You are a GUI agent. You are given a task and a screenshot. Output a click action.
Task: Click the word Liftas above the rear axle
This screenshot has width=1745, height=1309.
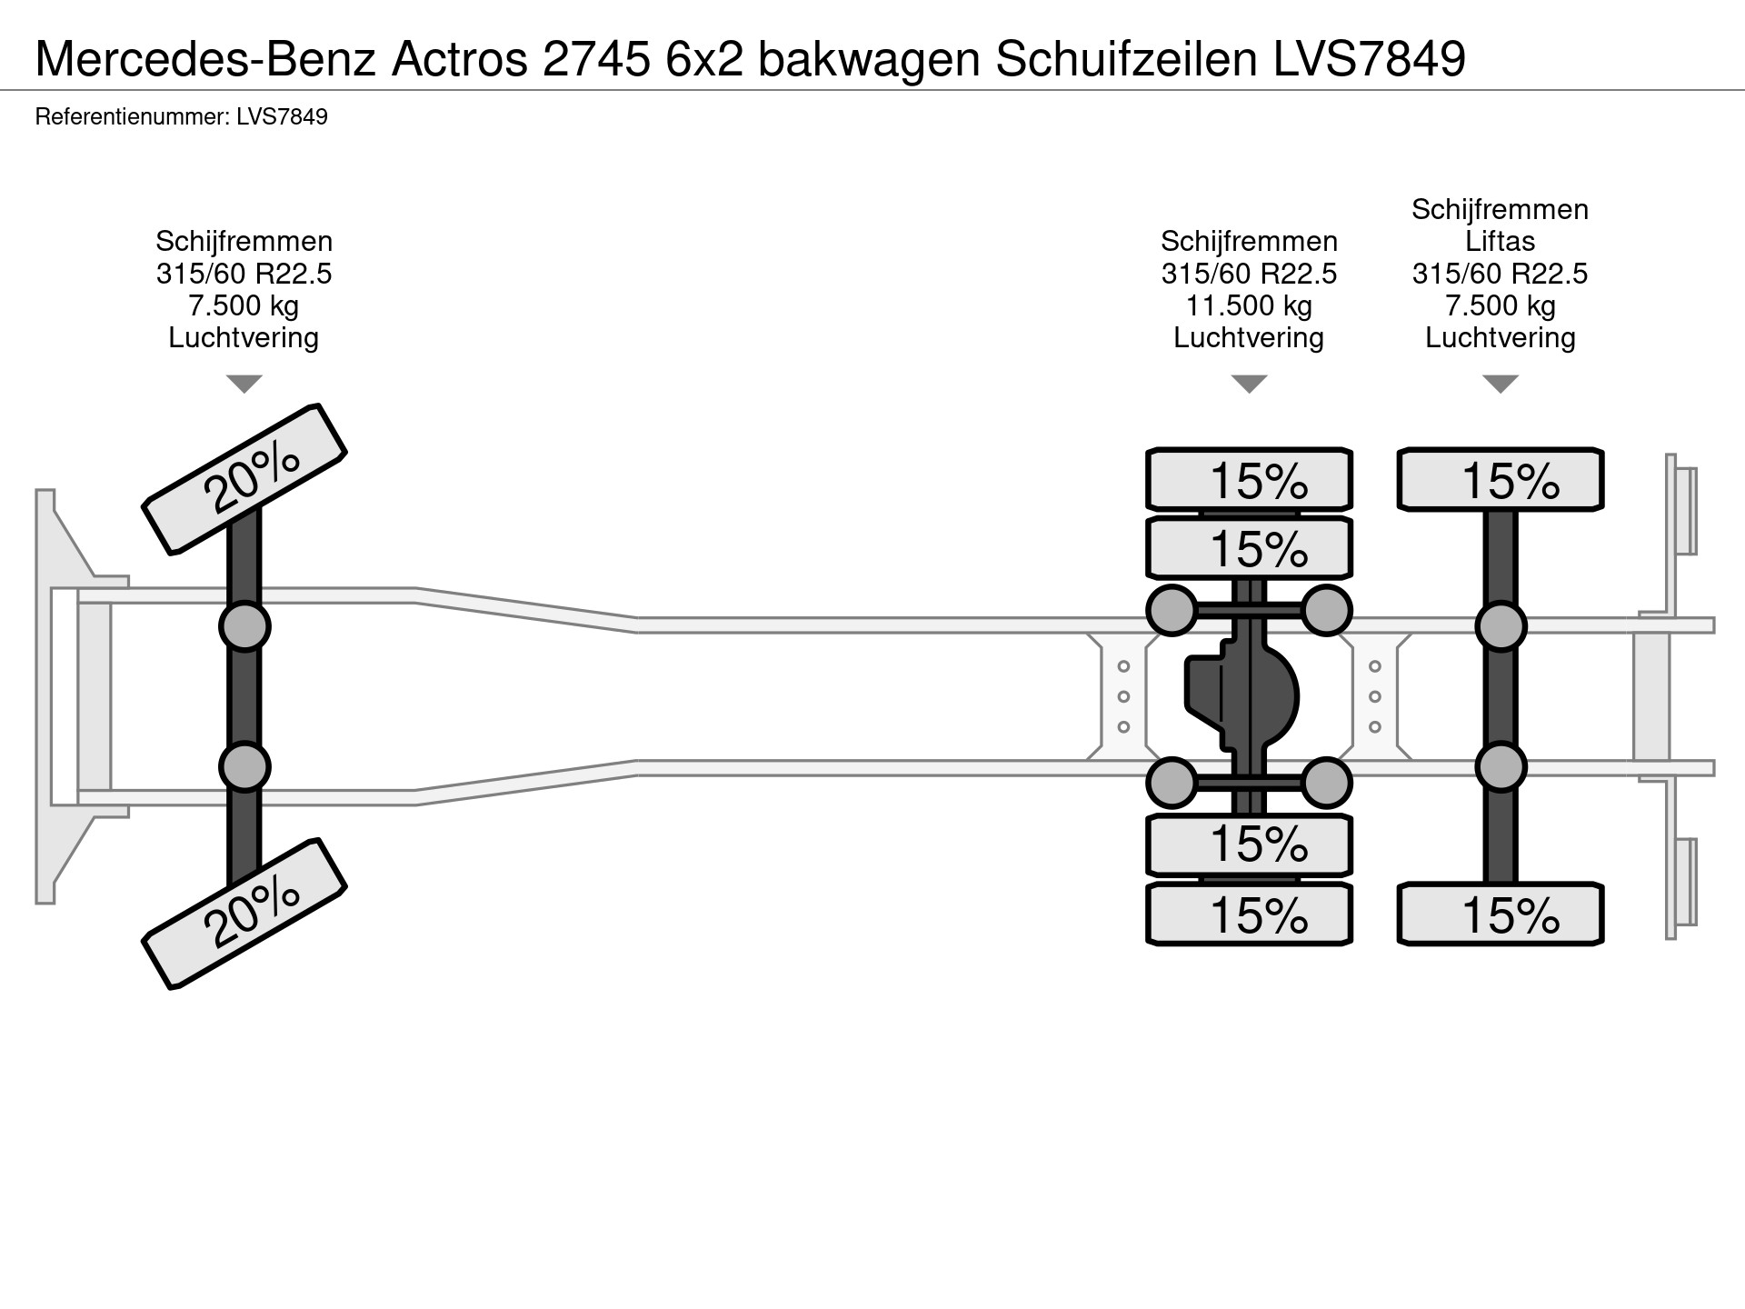(x=1500, y=242)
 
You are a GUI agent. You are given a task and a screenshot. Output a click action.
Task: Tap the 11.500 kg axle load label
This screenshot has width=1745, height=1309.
(x=1249, y=305)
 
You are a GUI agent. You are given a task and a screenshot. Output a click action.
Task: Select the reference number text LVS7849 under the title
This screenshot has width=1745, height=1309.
(x=282, y=117)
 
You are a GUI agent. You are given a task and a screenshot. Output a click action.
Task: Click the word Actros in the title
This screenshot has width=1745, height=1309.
(x=459, y=59)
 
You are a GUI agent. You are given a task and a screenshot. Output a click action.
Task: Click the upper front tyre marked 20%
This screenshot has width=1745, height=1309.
(x=244, y=478)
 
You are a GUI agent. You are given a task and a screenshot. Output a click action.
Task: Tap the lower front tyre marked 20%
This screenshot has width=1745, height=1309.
(x=244, y=913)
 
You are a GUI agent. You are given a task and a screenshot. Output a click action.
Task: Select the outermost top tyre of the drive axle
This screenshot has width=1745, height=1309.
(x=1249, y=479)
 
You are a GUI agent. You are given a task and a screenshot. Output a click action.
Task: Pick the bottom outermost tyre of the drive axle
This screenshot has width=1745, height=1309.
(x=1249, y=914)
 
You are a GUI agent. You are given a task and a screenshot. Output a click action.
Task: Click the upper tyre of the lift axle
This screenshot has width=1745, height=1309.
(x=1500, y=479)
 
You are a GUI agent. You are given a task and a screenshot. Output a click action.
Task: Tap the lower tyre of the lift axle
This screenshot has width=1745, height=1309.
(x=1500, y=914)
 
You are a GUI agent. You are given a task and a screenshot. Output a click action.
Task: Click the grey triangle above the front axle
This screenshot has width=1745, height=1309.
(x=244, y=383)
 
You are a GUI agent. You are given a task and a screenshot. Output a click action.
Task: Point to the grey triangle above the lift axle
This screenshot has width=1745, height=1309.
(x=1500, y=383)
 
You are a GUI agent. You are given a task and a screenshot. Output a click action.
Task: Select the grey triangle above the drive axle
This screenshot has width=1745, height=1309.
(x=1249, y=383)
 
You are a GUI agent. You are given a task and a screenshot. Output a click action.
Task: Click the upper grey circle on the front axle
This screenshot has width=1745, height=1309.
(x=244, y=626)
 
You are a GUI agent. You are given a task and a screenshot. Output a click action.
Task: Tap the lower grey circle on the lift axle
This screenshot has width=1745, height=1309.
(x=1500, y=767)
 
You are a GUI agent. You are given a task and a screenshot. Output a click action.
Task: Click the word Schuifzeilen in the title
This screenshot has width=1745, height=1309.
(x=1127, y=59)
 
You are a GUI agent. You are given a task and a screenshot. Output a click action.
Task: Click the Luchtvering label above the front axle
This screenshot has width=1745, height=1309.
(x=244, y=338)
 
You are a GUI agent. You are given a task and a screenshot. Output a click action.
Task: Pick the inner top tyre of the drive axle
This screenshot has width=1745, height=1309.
(x=1249, y=548)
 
